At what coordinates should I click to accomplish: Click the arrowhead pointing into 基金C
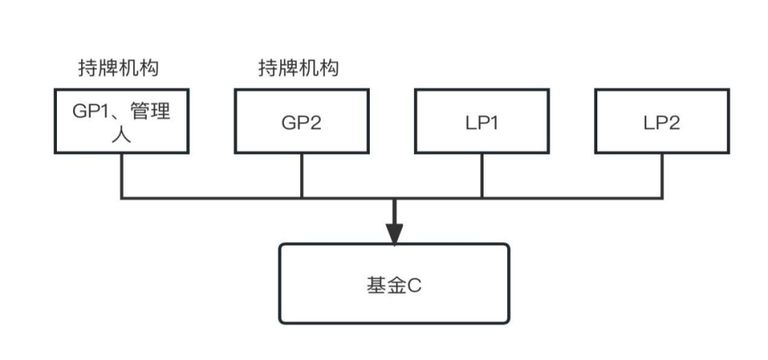point(394,233)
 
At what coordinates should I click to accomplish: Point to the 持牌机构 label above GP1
point(119,68)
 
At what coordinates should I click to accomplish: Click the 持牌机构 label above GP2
point(299,68)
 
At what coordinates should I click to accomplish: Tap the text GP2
point(302,122)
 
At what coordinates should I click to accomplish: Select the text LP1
point(482,122)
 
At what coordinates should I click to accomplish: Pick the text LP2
point(662,122)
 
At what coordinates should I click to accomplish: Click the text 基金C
point(394,285)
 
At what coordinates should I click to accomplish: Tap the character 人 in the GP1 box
point(121,134)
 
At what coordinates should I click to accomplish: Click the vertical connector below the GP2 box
point(302,176)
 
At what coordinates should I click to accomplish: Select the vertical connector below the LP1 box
point(482,176)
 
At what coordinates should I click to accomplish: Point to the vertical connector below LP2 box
point(662,176)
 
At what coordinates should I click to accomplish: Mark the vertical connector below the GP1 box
point(122,176)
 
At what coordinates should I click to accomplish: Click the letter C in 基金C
point(415,286)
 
